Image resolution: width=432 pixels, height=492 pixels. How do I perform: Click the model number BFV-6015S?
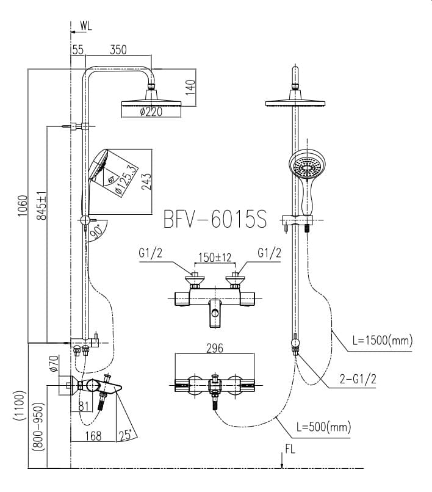(215, 219)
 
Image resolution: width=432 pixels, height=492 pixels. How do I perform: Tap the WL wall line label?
(86, 26)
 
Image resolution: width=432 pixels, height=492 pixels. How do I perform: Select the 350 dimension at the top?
(118, 51)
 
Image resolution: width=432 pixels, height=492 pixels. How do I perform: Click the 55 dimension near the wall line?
(77, 51)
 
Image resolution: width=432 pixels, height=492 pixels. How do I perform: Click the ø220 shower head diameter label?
(151, 112)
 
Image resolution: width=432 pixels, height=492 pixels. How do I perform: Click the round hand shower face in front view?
(306, 166)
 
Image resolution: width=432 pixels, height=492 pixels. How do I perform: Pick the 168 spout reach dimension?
(93, 435)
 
